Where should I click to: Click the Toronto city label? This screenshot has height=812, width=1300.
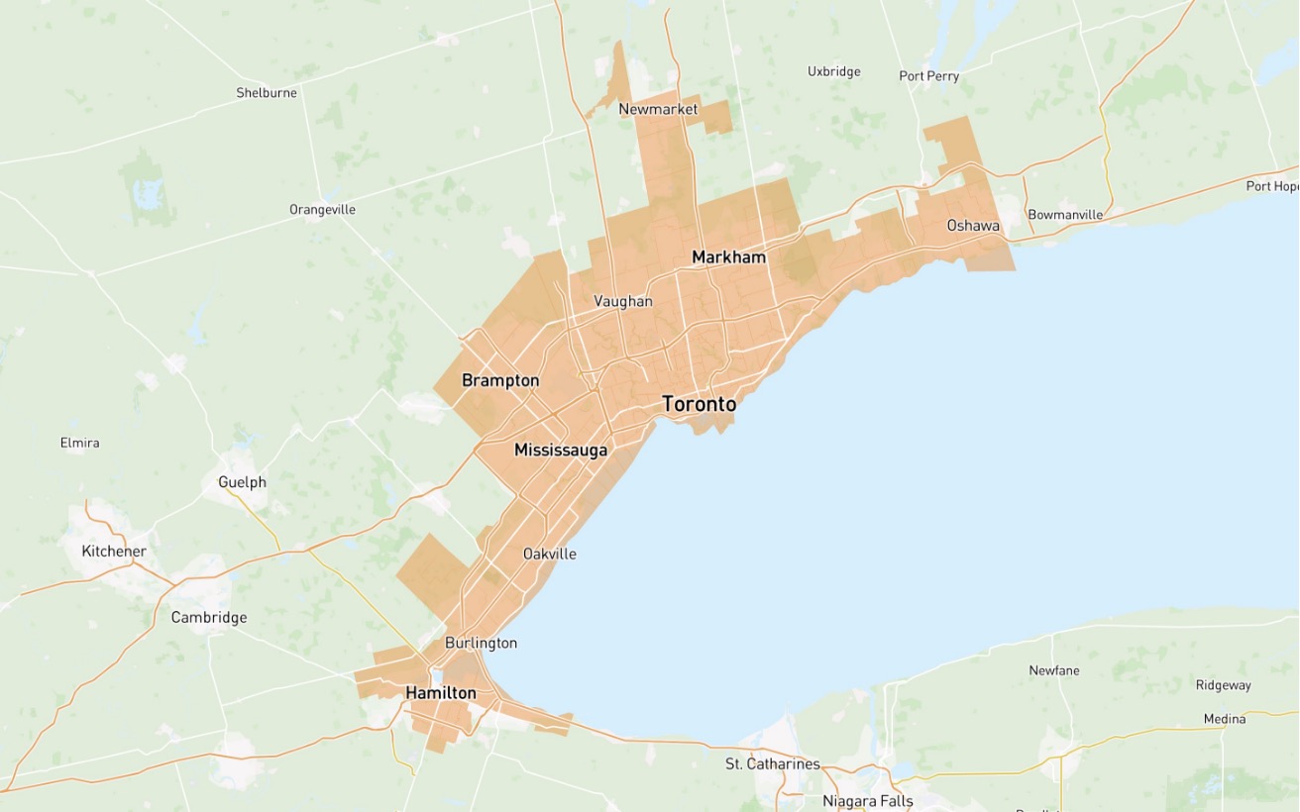[699, 404]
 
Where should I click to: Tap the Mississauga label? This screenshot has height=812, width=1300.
[560, 451]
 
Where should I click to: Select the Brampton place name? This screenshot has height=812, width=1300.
[500, 381]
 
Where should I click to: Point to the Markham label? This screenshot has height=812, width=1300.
[728, 257]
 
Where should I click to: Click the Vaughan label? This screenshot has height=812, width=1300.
[622, 301]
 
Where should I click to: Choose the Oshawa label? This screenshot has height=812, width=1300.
[972, 226]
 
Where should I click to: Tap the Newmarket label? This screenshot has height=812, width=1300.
[658, 110]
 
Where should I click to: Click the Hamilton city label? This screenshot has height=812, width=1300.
[441, 693]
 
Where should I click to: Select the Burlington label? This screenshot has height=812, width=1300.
[481, 644]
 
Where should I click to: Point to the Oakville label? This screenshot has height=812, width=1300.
[549, 555]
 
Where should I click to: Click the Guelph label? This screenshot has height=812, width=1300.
[242, 482]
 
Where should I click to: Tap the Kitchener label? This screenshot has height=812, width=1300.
[114, 552]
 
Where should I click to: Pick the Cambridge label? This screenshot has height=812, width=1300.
[208, 618]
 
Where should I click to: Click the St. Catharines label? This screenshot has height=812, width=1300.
[773, 764]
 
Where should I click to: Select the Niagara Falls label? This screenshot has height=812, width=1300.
[867, 801]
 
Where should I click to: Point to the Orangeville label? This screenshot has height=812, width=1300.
[322, 210]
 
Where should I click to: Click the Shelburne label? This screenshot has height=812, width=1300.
[266, 93]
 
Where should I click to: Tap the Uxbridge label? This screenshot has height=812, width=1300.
[833, 71]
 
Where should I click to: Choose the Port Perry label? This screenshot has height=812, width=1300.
[928, 76]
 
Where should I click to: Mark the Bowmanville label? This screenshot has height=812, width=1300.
[1065, 215]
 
